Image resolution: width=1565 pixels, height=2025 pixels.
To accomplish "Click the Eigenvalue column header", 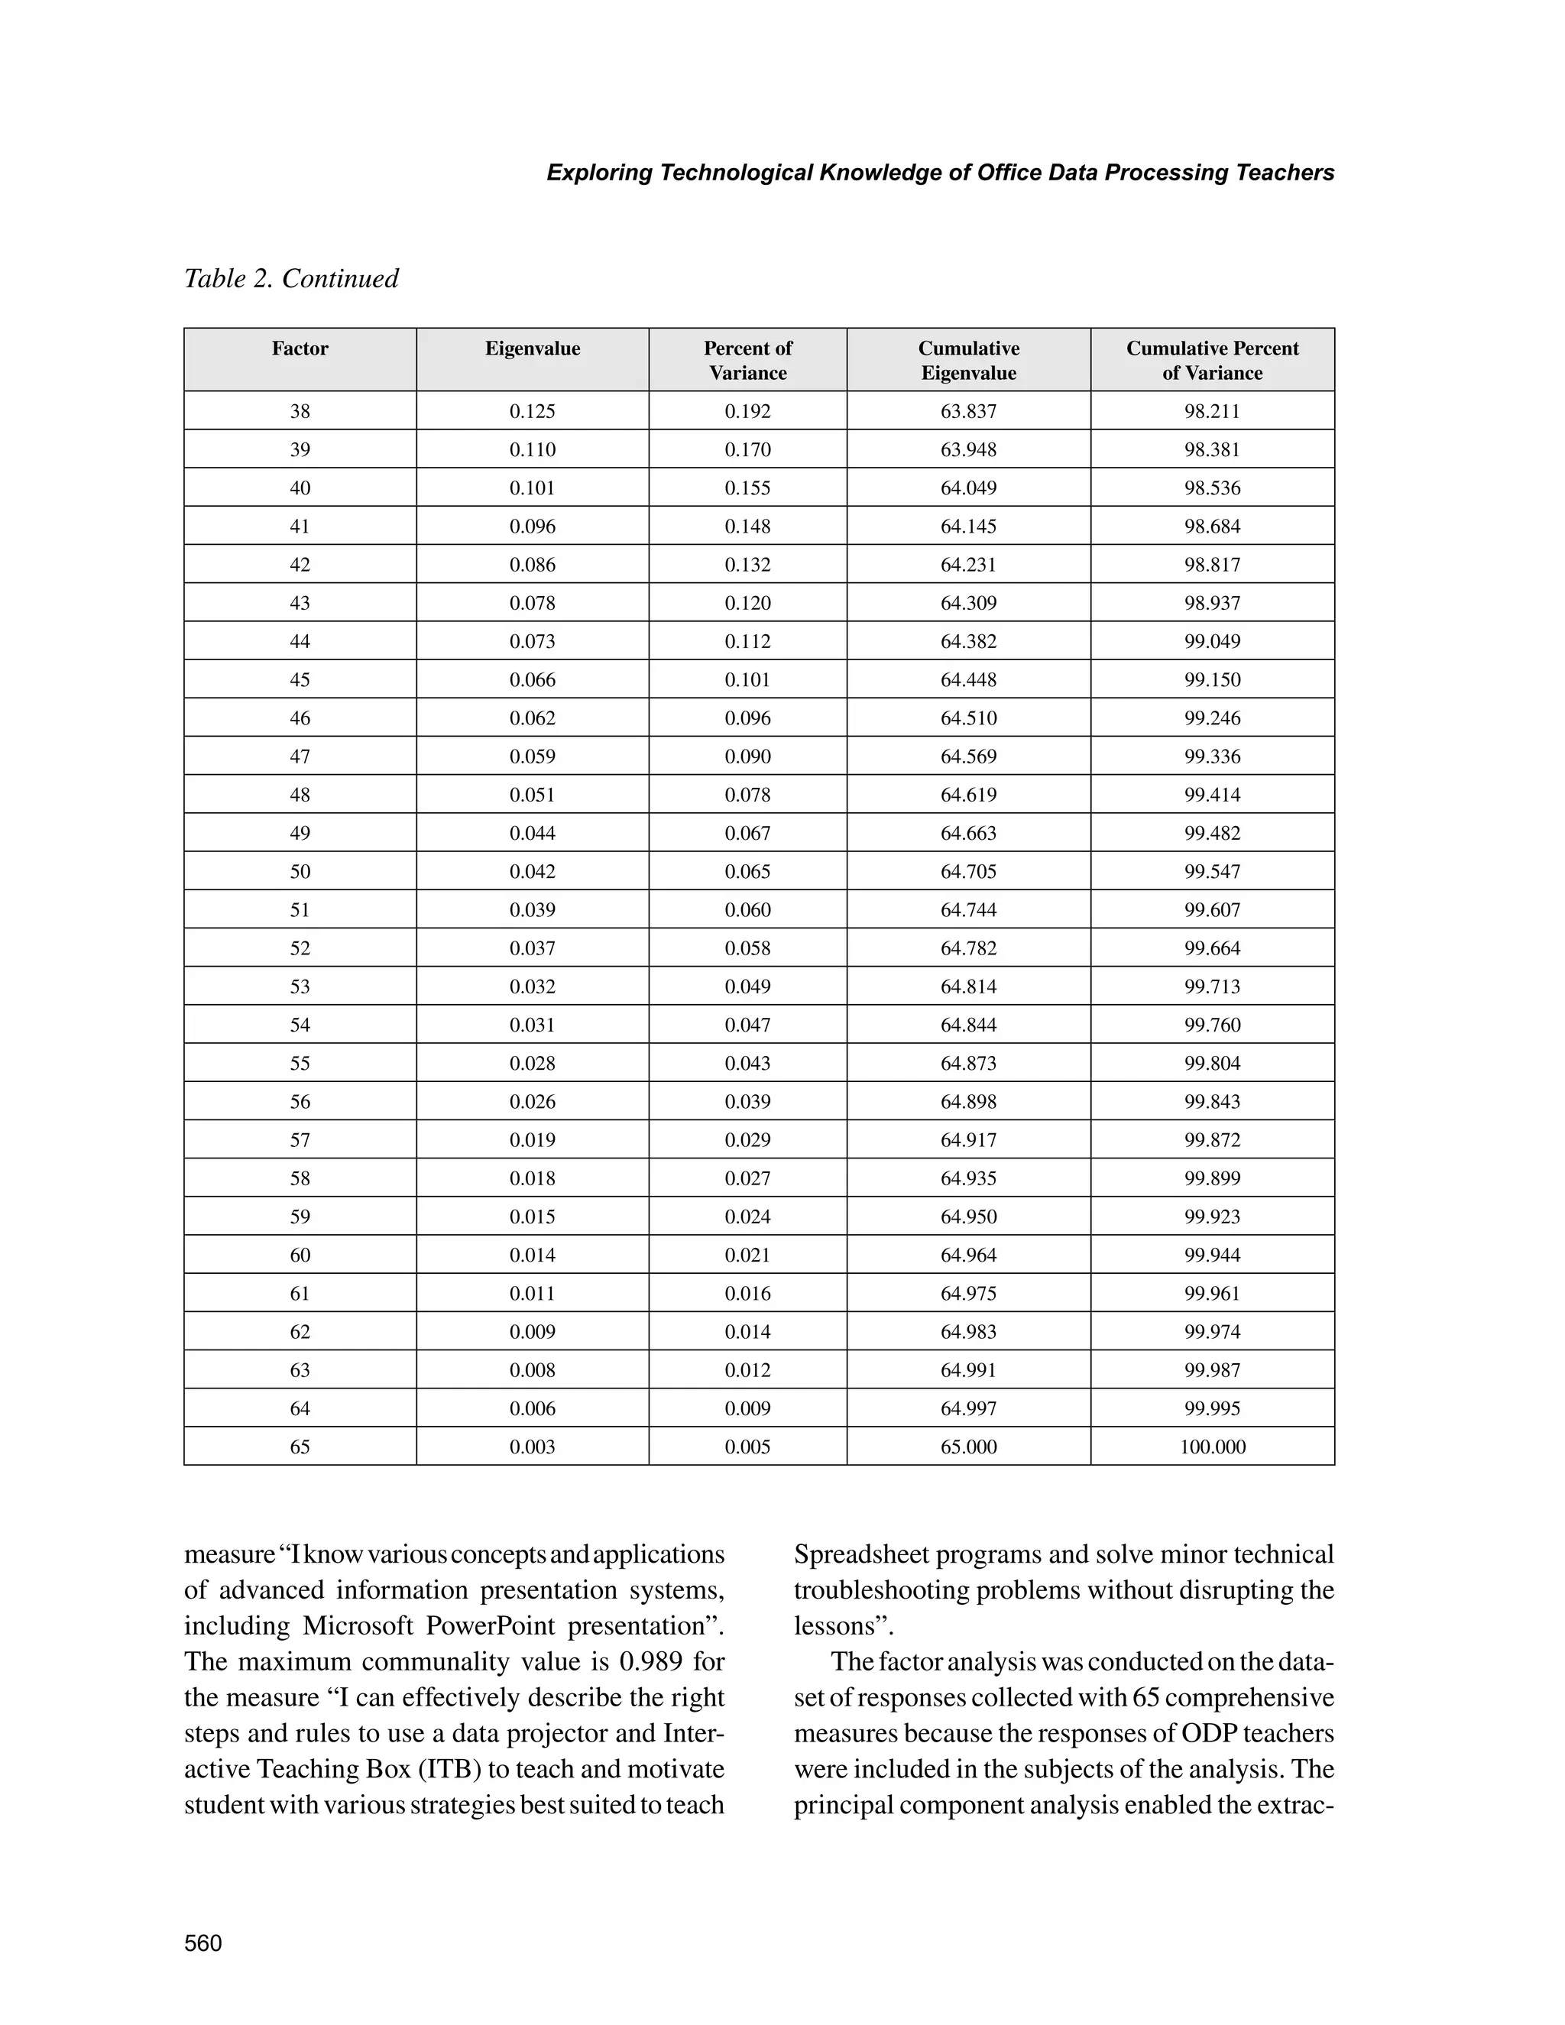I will [x=532, y=348].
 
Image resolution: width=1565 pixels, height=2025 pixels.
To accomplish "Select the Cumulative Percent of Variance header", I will [x=1212, y=360].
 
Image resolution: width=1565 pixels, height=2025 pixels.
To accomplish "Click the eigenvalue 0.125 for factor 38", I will [x=532, y=411].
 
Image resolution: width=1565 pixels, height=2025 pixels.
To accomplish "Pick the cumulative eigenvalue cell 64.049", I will [x=968, y=488].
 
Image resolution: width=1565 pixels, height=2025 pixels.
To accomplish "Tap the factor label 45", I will [x=300, y=679].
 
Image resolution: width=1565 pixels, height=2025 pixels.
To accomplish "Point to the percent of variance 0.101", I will [x=747, y=679].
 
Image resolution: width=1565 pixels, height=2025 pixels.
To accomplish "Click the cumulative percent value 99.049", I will [x=1212, y=640].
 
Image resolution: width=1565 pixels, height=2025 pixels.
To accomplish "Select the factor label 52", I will [x=300, y=948].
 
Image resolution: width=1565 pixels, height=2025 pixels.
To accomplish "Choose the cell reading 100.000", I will [x=1212, y=1447].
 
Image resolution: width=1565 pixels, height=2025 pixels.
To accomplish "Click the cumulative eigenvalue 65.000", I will [x=968, y=1447].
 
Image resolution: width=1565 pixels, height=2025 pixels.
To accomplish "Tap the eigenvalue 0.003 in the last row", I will [x=532, y=1447].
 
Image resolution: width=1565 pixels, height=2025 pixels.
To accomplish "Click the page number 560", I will [x=203, y=1943].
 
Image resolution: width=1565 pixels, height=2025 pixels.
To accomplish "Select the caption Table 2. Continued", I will [x=291, y=278].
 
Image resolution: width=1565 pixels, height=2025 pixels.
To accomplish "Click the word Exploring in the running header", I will [x=599, y=173].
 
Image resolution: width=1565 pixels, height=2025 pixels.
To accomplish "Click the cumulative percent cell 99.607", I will [x=1212, y=909].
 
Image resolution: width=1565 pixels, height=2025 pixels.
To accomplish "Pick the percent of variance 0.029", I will [x=747, y=1139].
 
